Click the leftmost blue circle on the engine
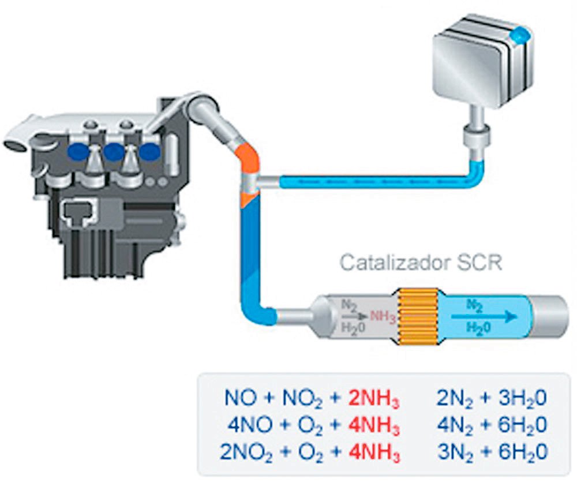pos(76,152)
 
